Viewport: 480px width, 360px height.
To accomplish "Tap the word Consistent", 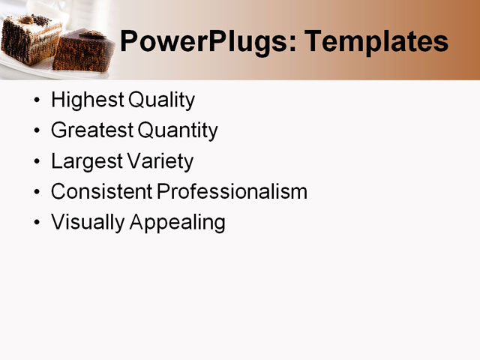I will pyautogui.click(x=101, y=192).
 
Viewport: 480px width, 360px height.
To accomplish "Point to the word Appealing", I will pyautogui.click(x=178, y=223).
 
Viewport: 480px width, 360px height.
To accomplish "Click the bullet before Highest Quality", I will pyautogui.click(x=37, y=100).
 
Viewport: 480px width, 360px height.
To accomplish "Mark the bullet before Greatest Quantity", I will pyautogui.click(x=37, y=131).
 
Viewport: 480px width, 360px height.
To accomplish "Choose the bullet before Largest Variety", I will pyautogui.click(x=37, y=162).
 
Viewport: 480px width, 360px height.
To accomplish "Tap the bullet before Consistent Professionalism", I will pyautogui.click(x=37, y=193).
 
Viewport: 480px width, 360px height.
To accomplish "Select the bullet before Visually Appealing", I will pyautogui.click(x=37, y=223).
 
